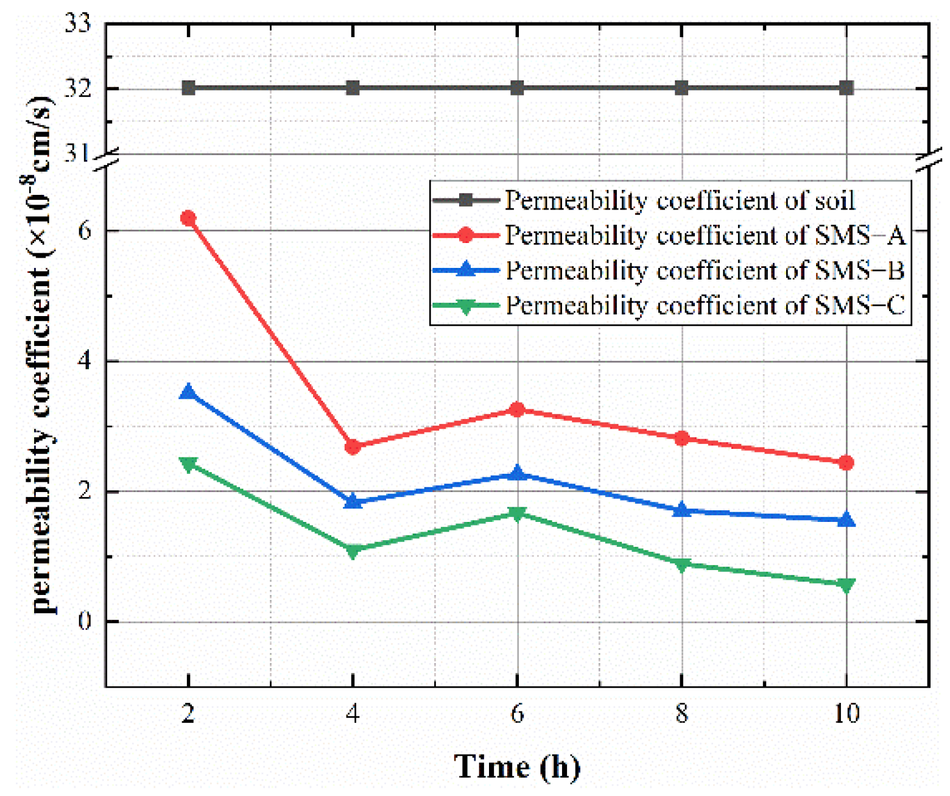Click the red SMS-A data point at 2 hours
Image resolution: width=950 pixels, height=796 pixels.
coord(188,218)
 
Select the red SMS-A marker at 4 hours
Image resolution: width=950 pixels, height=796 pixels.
coord(353,447)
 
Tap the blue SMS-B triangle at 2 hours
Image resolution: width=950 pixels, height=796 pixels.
coord(188,392)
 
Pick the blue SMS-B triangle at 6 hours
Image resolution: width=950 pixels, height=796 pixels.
coord(517,473)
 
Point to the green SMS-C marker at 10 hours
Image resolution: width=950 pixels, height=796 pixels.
coord(846,585)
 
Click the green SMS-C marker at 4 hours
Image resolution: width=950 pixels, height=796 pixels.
coord(353,551)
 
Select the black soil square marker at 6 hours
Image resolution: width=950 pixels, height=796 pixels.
coord(517,88)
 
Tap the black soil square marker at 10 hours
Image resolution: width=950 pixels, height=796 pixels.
coord(846,88)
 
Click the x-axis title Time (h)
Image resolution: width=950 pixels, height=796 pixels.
coord(516,766)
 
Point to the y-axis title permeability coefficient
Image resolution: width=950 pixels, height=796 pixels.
coord(41,353)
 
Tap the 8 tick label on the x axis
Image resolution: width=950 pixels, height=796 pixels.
coord(681,713)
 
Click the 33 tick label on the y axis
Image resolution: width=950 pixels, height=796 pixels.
coord(78,24)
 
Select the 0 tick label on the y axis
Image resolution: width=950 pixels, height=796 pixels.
coord(84,622)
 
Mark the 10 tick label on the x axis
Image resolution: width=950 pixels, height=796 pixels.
coord(846,713)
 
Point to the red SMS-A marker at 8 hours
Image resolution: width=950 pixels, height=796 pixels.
coord(681,438)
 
